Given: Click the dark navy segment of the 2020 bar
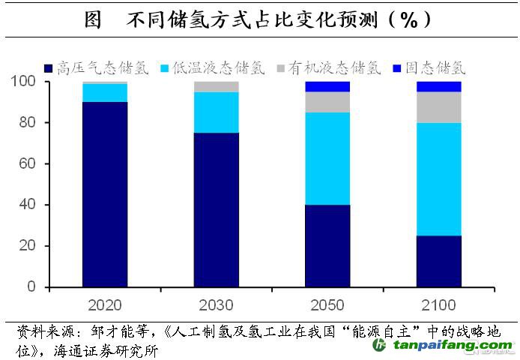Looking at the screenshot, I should pos(104,194).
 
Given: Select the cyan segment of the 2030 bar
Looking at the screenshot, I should pos(217,112).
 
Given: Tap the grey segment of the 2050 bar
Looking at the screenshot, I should pos(327,102).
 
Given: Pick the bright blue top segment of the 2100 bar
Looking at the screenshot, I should pos(438,86).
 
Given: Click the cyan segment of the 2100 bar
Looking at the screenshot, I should pos(438,179).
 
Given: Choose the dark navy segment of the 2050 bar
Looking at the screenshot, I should pos(327,245).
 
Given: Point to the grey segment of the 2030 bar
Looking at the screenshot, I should pos(217,87).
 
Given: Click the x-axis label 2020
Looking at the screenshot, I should pos(104,305).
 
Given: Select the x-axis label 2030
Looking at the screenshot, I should pos(216,305).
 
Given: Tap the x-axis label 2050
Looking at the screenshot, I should pos(327,305).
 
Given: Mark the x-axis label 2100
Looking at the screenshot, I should pos(438,305).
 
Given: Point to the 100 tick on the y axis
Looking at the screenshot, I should pos(25,81).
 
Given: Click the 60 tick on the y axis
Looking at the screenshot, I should pos(28,163).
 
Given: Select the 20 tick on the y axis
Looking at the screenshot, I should pos(28,246).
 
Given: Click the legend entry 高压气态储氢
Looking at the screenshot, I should pos(103,67).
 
